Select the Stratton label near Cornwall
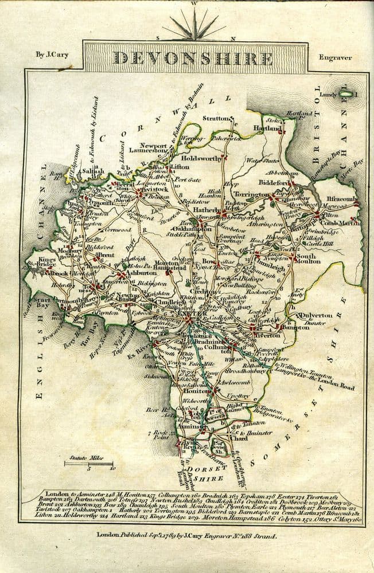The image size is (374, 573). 215,118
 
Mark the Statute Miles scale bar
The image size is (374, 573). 89,463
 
